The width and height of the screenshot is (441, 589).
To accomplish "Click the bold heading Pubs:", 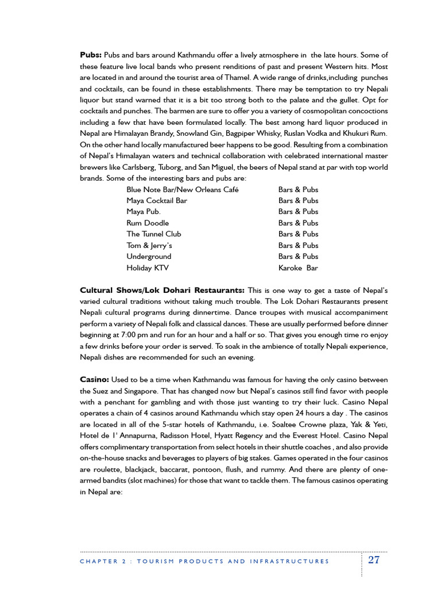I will click(x=91, y=55).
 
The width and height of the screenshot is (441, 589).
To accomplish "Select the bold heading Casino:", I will click(x=94, y=380).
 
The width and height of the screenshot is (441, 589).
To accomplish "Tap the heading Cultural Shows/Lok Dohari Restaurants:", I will click(x=163, y=290).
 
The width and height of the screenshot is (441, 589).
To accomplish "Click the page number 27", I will click(x=374, y=560).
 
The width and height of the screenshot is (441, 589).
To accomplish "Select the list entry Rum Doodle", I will click(x=148, y=223).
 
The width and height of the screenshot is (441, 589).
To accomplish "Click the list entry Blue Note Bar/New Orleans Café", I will click(x=183, y=190).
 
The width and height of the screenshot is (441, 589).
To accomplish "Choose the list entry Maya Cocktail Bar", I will click(x=157, y=201).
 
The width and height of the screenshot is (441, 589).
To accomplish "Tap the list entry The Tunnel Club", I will click(x=153, y=234).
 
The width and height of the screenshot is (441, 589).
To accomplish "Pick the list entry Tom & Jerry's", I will click(x=149, y=246).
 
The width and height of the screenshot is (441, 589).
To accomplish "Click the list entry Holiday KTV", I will click(x=148, y=268).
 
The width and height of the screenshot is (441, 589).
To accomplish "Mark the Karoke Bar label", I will click(x=298, y=268).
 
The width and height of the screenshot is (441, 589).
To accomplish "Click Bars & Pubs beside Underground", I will click(x=298, y=257).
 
